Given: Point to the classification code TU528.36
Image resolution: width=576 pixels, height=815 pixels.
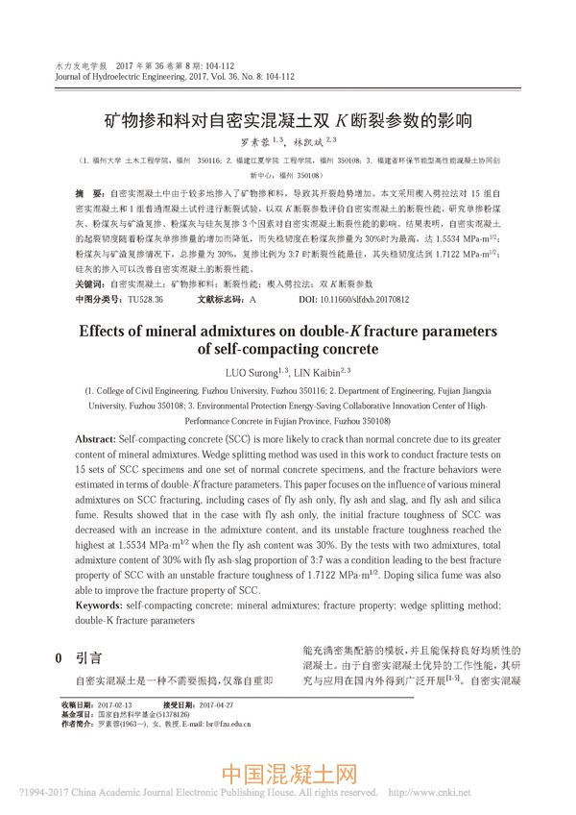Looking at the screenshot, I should point(145,300).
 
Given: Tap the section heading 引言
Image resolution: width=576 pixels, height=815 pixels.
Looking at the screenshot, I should point(89,658).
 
